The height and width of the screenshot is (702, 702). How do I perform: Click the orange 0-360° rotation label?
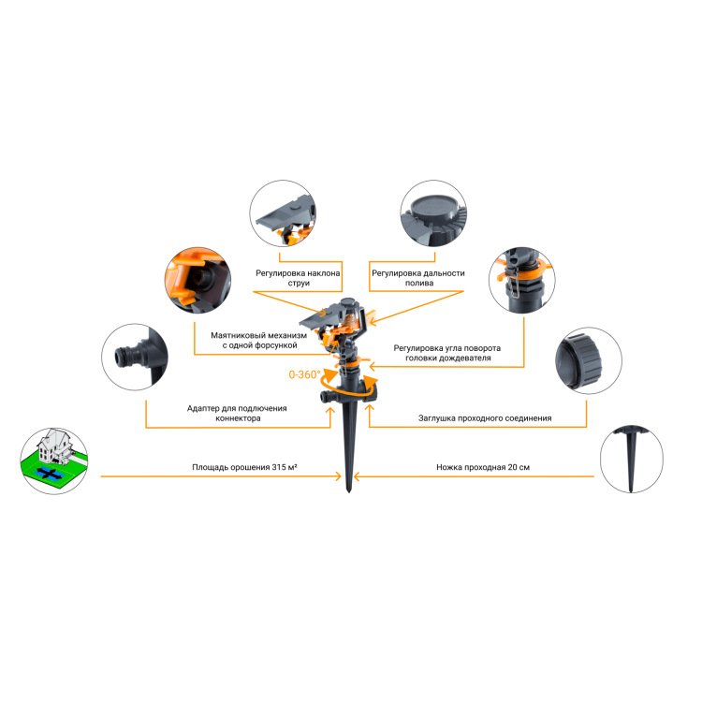304,374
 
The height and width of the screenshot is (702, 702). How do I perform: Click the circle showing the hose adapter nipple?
135,357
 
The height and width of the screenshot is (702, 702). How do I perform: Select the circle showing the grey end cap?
589,360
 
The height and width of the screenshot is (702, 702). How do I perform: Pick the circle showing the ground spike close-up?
632,460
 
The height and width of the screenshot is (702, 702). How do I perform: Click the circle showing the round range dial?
433,213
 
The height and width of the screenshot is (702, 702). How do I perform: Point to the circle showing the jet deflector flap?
283,213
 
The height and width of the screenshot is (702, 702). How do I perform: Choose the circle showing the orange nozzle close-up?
197,280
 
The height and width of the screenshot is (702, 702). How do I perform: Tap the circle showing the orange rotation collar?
522,280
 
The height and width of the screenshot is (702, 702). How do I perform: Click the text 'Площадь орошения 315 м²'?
244,467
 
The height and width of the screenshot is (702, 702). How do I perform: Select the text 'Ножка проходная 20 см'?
483,467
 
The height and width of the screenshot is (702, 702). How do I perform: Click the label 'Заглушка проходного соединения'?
485,418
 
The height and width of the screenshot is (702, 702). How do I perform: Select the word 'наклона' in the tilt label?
324,273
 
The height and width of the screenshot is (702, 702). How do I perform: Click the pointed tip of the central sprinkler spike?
349,491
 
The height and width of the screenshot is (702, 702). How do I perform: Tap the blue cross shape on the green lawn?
47,472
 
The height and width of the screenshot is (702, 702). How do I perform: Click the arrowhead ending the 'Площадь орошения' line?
339,476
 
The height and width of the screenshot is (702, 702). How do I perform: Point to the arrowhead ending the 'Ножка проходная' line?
357,476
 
